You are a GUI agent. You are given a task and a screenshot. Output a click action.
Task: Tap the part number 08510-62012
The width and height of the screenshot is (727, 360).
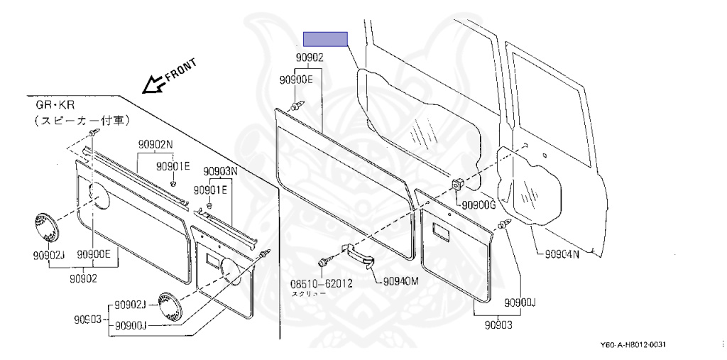pyautogui.click(x=321, y=283)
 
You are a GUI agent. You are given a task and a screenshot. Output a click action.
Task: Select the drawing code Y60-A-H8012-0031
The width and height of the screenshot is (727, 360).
pyautogui.click(x=633, y=344)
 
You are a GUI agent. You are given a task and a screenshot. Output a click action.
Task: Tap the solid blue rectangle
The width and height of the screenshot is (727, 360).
pyautogui.click(x=325, y=40)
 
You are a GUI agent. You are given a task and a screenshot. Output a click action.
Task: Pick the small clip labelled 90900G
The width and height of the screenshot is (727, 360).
pyautogui.click(x=458, y=185)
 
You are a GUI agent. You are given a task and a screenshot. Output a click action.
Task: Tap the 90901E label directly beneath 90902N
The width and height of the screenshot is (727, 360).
pyautogui.click(x=174, y=166)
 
